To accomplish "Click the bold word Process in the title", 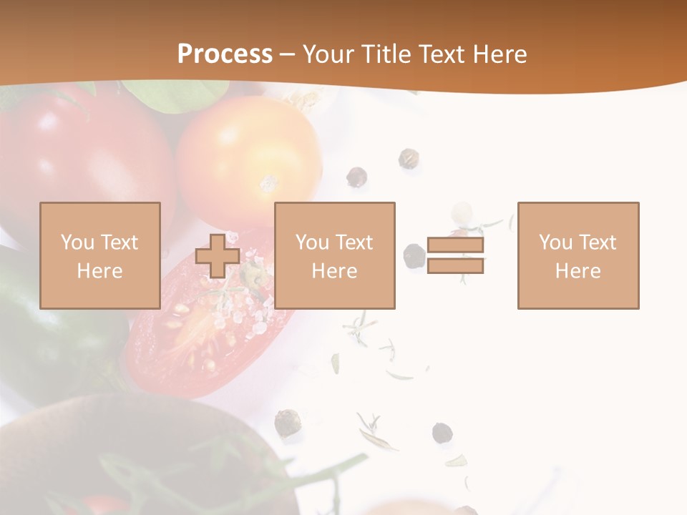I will point(225,54).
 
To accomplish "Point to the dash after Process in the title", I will point(287,55).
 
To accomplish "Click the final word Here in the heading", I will point(500,54).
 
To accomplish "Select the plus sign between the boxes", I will point(218,255).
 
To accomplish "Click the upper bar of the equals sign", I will point(455,245).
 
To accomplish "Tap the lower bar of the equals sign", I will point(455,266).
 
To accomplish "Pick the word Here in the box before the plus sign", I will point(99,271).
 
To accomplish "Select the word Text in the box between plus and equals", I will point(354,242).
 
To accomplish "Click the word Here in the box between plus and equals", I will point(334,271).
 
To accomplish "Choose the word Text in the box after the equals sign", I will point(598,242).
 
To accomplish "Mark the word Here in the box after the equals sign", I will point(578,271).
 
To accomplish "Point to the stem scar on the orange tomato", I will point(268,183).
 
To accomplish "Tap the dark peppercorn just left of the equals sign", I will point(414,255).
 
